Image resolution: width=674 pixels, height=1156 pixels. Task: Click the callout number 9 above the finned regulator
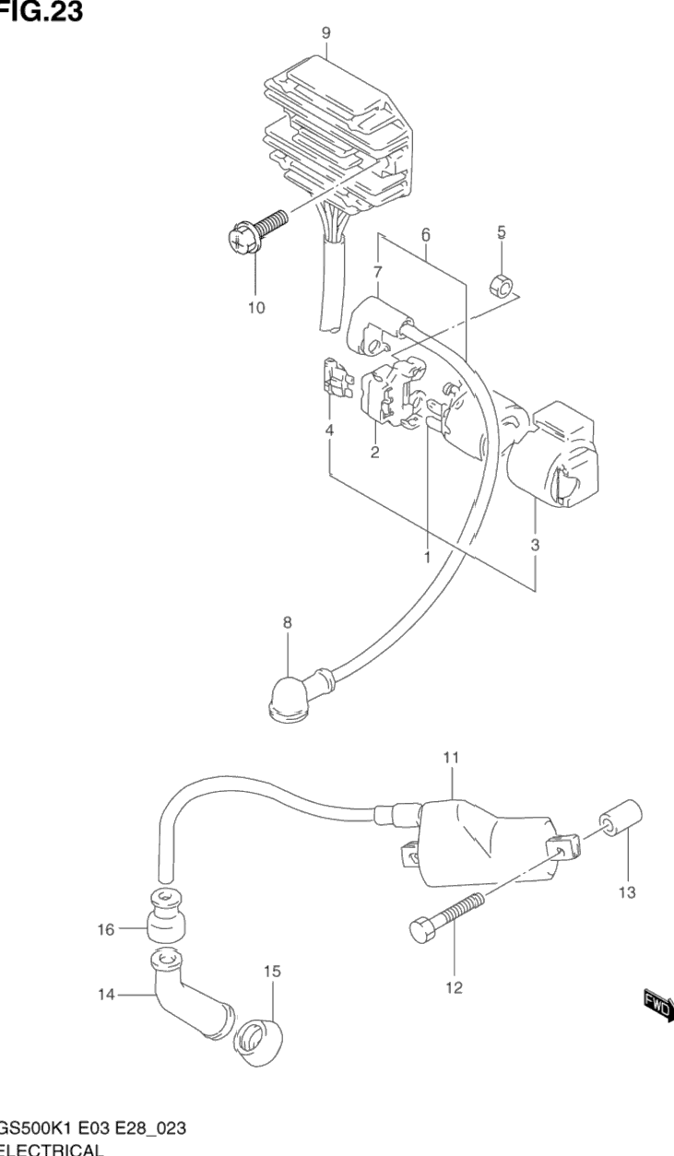(325, 33)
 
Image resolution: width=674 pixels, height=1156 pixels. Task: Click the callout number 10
(255, 307)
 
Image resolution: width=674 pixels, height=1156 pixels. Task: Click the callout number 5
(502, 230)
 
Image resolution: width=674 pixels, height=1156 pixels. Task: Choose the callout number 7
(377, 271)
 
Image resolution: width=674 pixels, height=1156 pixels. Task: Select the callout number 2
(375, 452)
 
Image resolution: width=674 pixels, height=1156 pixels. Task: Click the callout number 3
(535, 544)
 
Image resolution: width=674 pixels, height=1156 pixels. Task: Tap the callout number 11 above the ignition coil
(451, 758)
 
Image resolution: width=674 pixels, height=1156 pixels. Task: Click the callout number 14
(105, 995)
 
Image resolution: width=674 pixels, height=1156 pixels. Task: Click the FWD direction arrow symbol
(657, 1006)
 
